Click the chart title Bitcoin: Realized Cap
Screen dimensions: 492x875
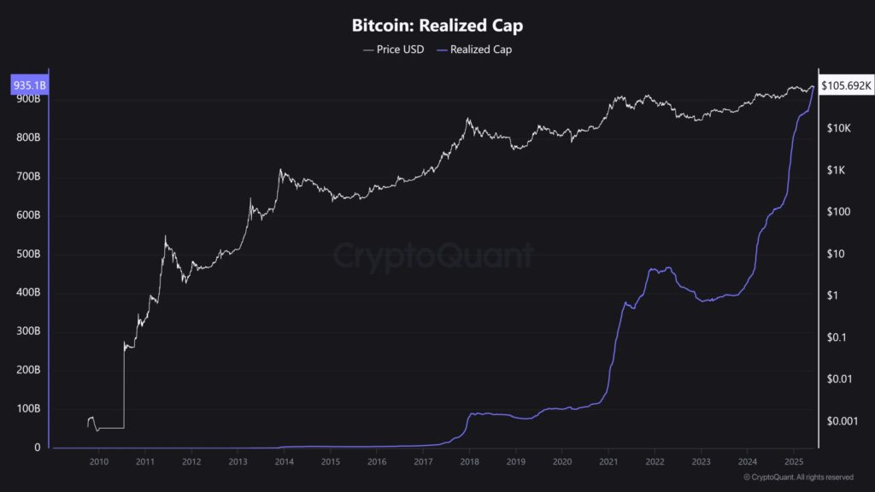point(437,26)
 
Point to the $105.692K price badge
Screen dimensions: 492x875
point(846,85)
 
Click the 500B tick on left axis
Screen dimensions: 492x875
point(28,255)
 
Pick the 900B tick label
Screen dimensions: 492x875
point(28,99)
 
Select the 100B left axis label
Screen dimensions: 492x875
point(28,409)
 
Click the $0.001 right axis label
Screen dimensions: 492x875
point(841,421)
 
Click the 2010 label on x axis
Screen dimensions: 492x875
point(99,462)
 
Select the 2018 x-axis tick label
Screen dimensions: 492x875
point(469,462)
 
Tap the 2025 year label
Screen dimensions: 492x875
point(792,462)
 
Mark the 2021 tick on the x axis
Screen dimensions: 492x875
point(608,462)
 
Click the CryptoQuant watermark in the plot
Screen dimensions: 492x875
point(432,255)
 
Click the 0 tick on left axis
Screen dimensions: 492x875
point(37,448)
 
